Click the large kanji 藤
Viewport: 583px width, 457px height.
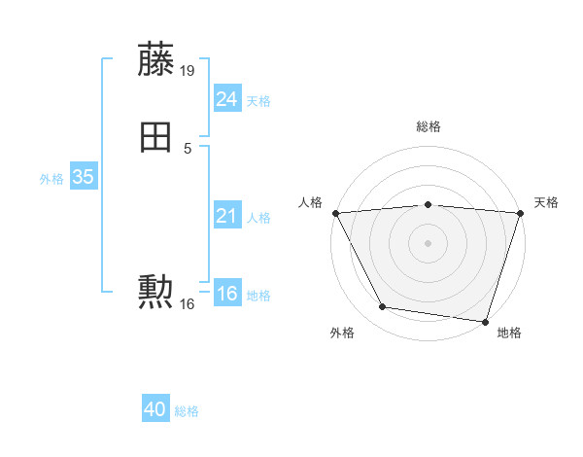point(155,60)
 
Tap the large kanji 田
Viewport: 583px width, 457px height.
point(155,138)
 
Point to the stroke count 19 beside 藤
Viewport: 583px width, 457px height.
point(188,71)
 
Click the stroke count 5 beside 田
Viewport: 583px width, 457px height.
point(188,149)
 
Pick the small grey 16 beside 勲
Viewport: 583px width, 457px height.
point(188,304)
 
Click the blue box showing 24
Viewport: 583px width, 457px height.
point(226,99)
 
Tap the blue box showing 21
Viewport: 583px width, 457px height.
point(226,216)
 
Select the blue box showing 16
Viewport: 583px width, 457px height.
point(226,295)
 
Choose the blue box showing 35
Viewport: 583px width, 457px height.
point(83,178)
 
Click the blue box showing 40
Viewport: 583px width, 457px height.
point(155,410)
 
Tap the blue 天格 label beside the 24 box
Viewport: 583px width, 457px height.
point(258,101)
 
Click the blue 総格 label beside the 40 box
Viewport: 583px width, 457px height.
point(187,412)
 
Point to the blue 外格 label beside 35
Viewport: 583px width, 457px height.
point(51,179)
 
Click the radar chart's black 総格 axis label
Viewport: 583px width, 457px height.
point(429,126)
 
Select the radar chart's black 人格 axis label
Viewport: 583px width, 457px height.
point(311,202)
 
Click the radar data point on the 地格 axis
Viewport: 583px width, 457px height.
point(485,321)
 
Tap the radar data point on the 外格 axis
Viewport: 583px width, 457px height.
point(383,307)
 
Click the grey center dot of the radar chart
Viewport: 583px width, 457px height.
point(429,242)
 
